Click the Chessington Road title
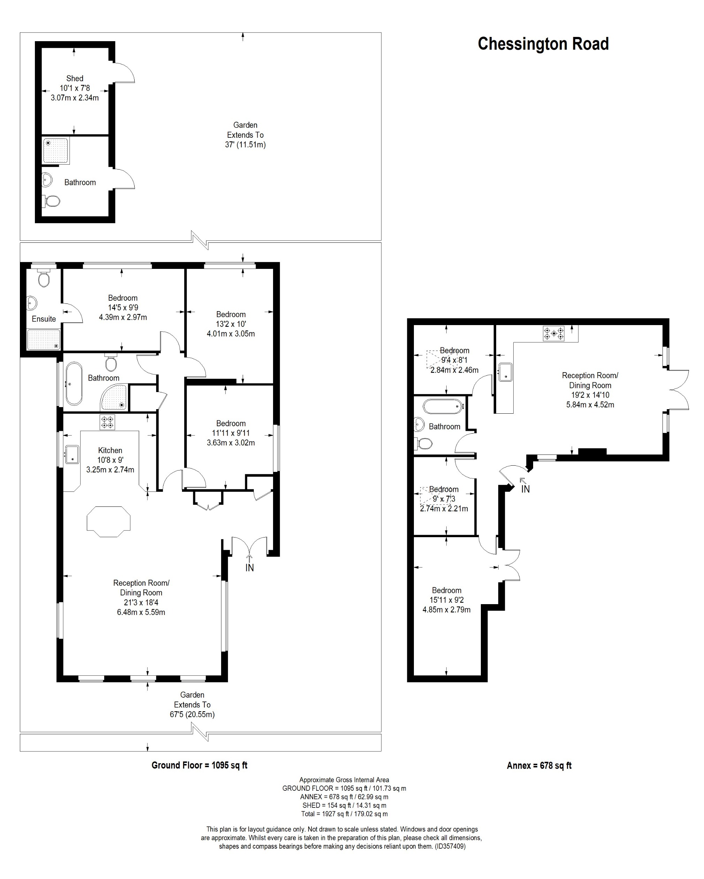click(543, 44)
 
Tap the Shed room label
click(75, 78)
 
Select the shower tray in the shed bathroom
click(56, 151)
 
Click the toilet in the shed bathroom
click(52, 201)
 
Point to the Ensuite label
click(44, 319)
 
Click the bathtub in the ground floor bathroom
click(74, 384)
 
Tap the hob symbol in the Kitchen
click(107, 422)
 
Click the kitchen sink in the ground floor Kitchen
click(72, 454)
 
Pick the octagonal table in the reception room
click(108, 521)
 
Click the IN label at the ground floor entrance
click(249, 568)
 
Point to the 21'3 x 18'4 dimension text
click(141, 602)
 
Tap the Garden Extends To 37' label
click(245, 135)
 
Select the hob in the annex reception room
click(554, 333)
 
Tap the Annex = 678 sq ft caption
click(539, 766)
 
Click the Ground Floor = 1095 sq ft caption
click(199, 765)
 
